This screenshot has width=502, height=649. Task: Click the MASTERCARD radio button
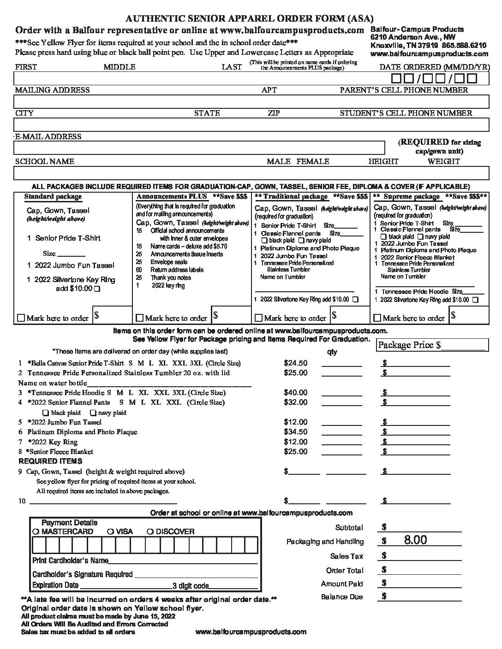(x=36, y=531)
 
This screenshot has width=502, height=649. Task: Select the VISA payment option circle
(x=110, y=531)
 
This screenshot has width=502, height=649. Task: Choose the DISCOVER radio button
(x=150, y=531)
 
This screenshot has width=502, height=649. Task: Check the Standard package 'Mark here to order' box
(x=21, y=318)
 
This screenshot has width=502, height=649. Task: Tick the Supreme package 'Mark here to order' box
(x=377, y=318)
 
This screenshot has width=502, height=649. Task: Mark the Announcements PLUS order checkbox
(x=139, y=318)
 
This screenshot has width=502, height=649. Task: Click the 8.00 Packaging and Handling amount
(x=415, y=540)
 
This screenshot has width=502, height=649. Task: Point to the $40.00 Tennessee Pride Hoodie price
(x=295, y=393)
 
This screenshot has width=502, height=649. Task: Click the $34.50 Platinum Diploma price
(x=295, y=432)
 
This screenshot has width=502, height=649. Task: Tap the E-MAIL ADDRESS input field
(x=198, y=147)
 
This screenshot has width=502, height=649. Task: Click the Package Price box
(x=432, y=345)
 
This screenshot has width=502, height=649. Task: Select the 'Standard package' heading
(x=53, y=197)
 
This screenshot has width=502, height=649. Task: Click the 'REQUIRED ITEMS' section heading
(x=50, y=461)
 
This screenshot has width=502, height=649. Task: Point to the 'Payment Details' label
(x=69, y=523)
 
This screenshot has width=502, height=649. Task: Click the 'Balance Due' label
(x=342, y=597)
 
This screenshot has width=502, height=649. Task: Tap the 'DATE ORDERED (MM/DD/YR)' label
(x=434, y=67)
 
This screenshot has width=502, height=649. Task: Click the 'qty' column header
(x=332, y=352)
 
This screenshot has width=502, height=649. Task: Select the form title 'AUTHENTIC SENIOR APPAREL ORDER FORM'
(x=250, y=18)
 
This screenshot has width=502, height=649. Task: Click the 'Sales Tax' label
(x=347, y=556)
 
